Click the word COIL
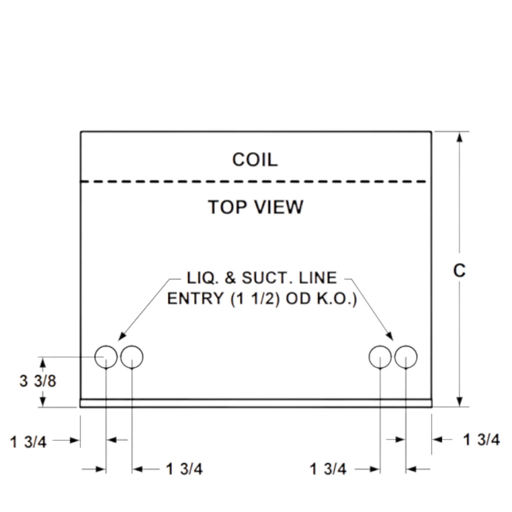coord(254,160)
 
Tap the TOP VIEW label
coord(255,206)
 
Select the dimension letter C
coord(459,270)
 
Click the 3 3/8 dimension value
coord(38,381)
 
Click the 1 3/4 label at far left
coord(28,442)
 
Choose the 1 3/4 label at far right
coord(481,440)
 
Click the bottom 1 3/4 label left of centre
coord(184,469)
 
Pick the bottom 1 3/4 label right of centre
coord(328,469)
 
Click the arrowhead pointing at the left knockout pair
coord(122,336)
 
